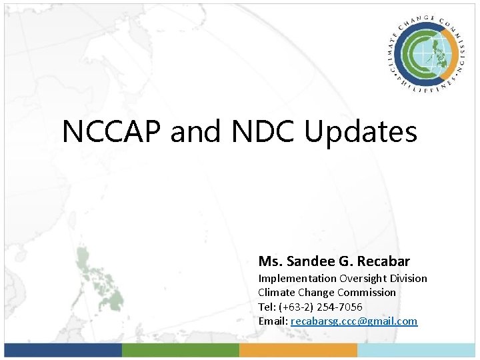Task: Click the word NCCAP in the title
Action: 112,131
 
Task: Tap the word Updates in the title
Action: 361,131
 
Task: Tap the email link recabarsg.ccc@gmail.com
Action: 354,321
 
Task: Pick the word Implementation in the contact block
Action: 297,279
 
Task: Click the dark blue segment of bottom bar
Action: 63,350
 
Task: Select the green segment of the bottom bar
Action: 181,350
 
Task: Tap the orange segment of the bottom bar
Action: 298,350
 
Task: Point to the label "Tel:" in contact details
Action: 267,307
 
